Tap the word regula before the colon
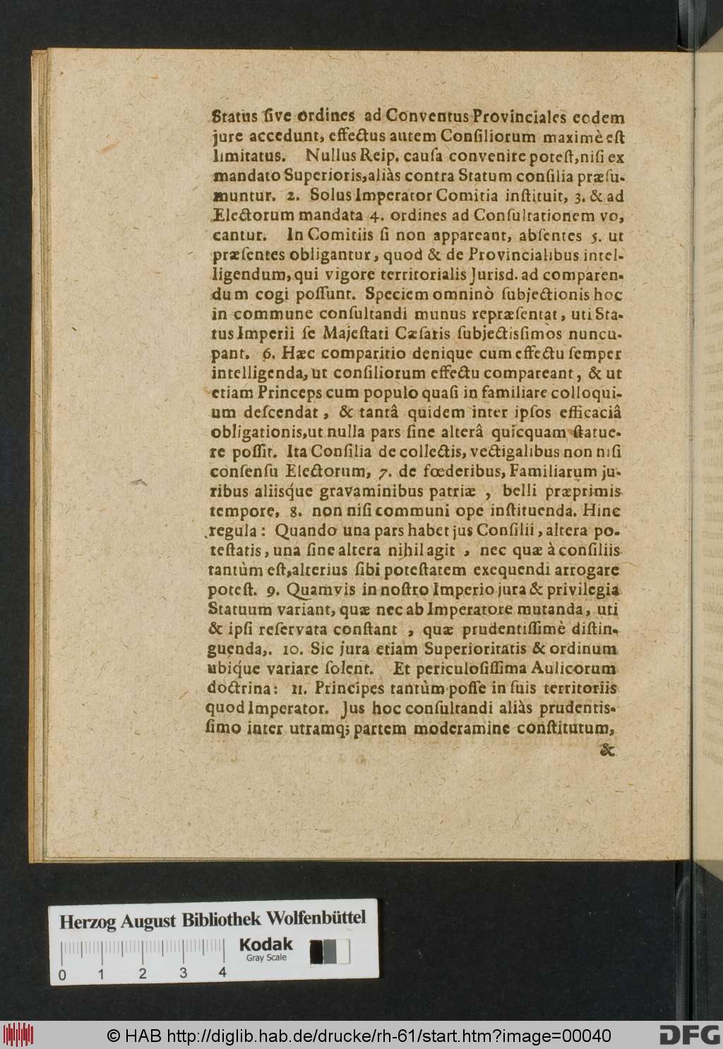237,530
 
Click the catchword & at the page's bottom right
608,752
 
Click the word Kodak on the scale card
265,944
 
